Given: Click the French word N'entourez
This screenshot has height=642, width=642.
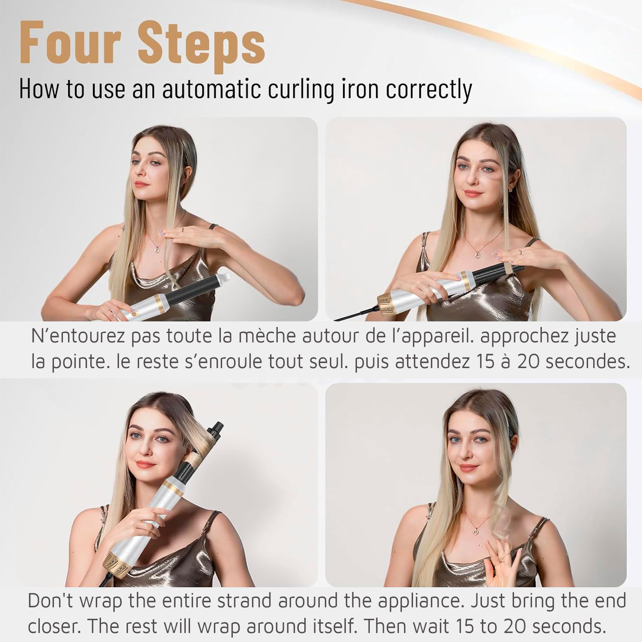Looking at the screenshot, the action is [78, 336].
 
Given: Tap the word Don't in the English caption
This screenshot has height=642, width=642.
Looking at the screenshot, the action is [51, 601].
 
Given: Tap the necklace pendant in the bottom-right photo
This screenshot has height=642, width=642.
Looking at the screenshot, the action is [476, 531].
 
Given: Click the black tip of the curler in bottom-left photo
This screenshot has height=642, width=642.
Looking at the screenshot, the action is [218, 426].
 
